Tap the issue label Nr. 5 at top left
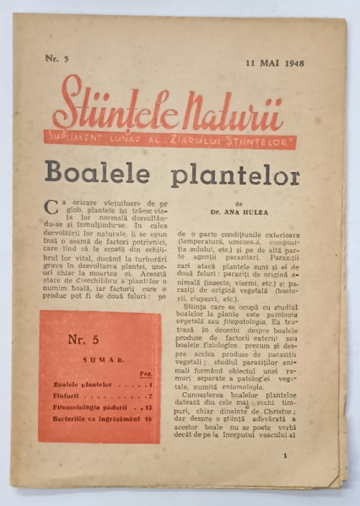55,58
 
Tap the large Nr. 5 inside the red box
78,342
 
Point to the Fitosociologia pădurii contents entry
84,407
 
